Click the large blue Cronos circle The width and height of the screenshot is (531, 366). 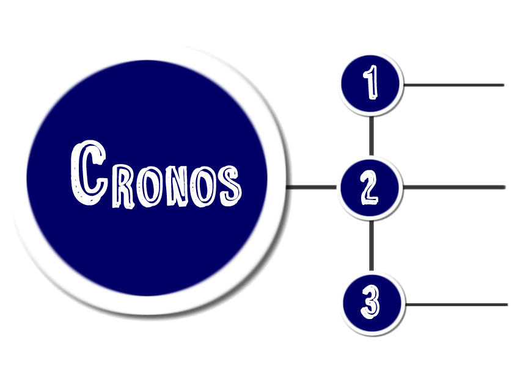147,244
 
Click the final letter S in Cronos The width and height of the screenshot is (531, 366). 229,184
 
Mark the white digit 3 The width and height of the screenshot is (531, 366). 370,303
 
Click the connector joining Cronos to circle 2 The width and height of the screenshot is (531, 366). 312,187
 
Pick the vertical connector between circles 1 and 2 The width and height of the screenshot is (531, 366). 371,135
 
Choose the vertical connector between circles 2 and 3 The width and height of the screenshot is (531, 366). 371,245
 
